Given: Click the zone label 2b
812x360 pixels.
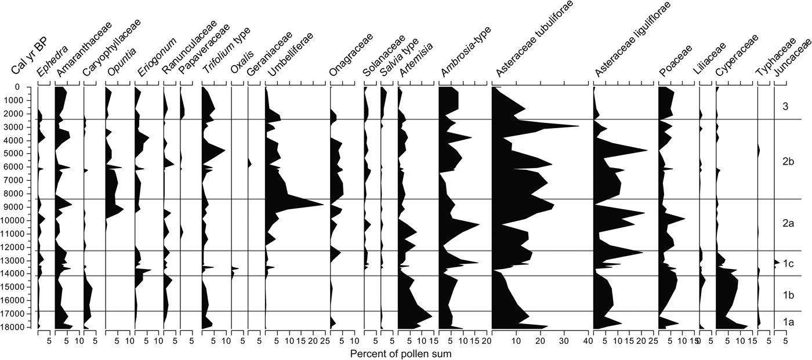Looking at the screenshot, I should pyautogui.click(x=788, y=162).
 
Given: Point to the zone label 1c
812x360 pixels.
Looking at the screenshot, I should pyautogui.click(x=788, y=264).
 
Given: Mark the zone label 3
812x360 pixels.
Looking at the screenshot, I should pyautogui.click(x=785, y=107).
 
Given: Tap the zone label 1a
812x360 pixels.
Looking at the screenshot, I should pyautogui.click(x=788, y=321).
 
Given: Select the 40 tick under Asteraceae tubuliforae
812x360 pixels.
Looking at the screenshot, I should pyautogui.click(x=588, y=341).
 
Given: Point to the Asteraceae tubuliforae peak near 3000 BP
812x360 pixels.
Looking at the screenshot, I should pyautogui.click(x=578, y=126).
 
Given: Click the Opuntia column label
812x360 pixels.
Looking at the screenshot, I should pyautogui.click(x=121, y=61).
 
